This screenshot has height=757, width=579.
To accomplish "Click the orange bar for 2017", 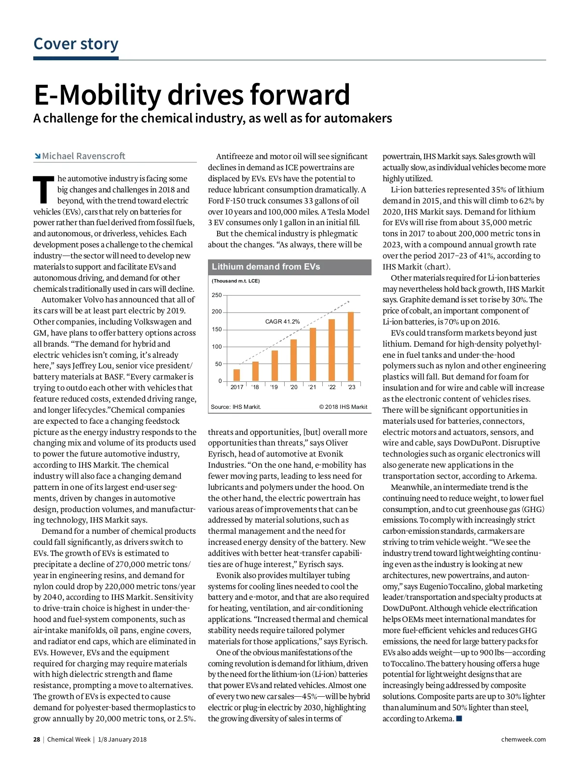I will pos(236,375).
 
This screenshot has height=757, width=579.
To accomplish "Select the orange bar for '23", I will pos(351,346).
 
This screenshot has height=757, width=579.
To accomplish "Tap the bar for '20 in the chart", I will pos(293,360).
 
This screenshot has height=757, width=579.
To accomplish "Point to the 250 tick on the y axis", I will pos(217,295).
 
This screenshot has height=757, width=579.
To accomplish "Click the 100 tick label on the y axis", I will pos(217,347).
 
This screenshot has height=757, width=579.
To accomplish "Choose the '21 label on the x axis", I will pos(313,387).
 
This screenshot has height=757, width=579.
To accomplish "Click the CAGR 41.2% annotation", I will pos(282,322).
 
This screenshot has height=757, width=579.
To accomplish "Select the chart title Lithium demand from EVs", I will pos(266,267).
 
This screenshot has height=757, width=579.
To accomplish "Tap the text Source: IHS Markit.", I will pos(236,407).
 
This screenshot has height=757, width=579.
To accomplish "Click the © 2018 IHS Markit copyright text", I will pos(343,407).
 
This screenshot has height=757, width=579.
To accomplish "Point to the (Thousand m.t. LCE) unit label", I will pos(235,281).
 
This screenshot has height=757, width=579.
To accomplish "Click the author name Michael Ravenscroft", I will pos(83,156).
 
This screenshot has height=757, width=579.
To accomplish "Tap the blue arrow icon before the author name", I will pos(37,156).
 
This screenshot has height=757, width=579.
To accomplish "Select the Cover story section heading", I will pos(76,44).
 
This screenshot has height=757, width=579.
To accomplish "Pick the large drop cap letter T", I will pos(43,189).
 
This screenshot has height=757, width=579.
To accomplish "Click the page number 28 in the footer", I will pos(37,740).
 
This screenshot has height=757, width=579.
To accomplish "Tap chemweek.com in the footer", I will pos(524,740).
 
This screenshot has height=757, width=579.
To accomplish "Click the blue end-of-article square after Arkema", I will pos(459,719).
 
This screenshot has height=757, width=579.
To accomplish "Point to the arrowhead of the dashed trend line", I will pos(348,302).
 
